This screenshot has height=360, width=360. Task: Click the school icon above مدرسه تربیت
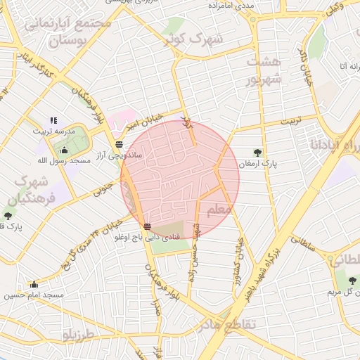[53, 121]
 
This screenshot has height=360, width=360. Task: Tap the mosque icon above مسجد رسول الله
[65, 150]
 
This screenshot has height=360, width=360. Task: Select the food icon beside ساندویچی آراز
[119, 143]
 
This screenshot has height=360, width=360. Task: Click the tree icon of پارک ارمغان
[258, 152]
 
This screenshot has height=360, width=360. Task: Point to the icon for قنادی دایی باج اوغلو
[146, 226]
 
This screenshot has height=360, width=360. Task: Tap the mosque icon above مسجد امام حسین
[34, 284]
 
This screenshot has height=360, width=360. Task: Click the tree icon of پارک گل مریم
[351, 281]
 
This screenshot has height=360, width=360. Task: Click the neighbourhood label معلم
[218, 210]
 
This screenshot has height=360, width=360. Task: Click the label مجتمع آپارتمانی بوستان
[67, 32]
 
